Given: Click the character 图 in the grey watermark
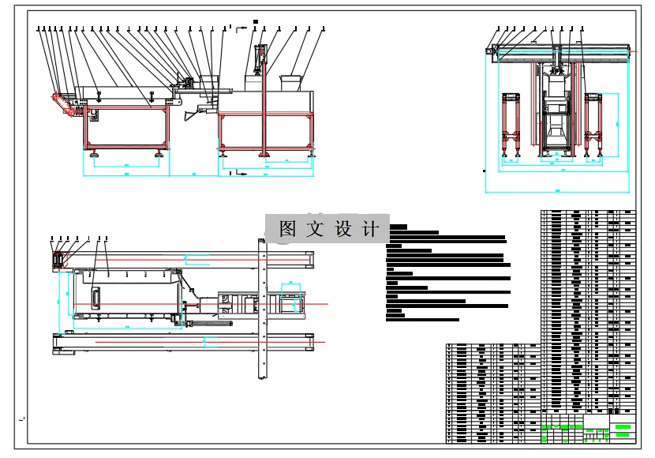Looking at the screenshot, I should tap(287, 230).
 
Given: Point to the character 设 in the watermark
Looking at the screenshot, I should tap(342, 230).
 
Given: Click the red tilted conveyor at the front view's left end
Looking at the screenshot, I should tap(62, 104).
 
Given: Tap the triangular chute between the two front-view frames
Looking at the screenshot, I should tap(193, 115).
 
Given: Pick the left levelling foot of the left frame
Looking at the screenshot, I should tap(94, 153).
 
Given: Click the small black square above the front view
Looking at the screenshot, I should tap(255, 21).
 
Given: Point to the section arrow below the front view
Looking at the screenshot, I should tap(234, 171).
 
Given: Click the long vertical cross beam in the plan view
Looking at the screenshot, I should tap(264, 308).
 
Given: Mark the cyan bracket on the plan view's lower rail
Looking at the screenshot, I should tap(211, 341).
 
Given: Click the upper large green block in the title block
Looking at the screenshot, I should tap(623, 426).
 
